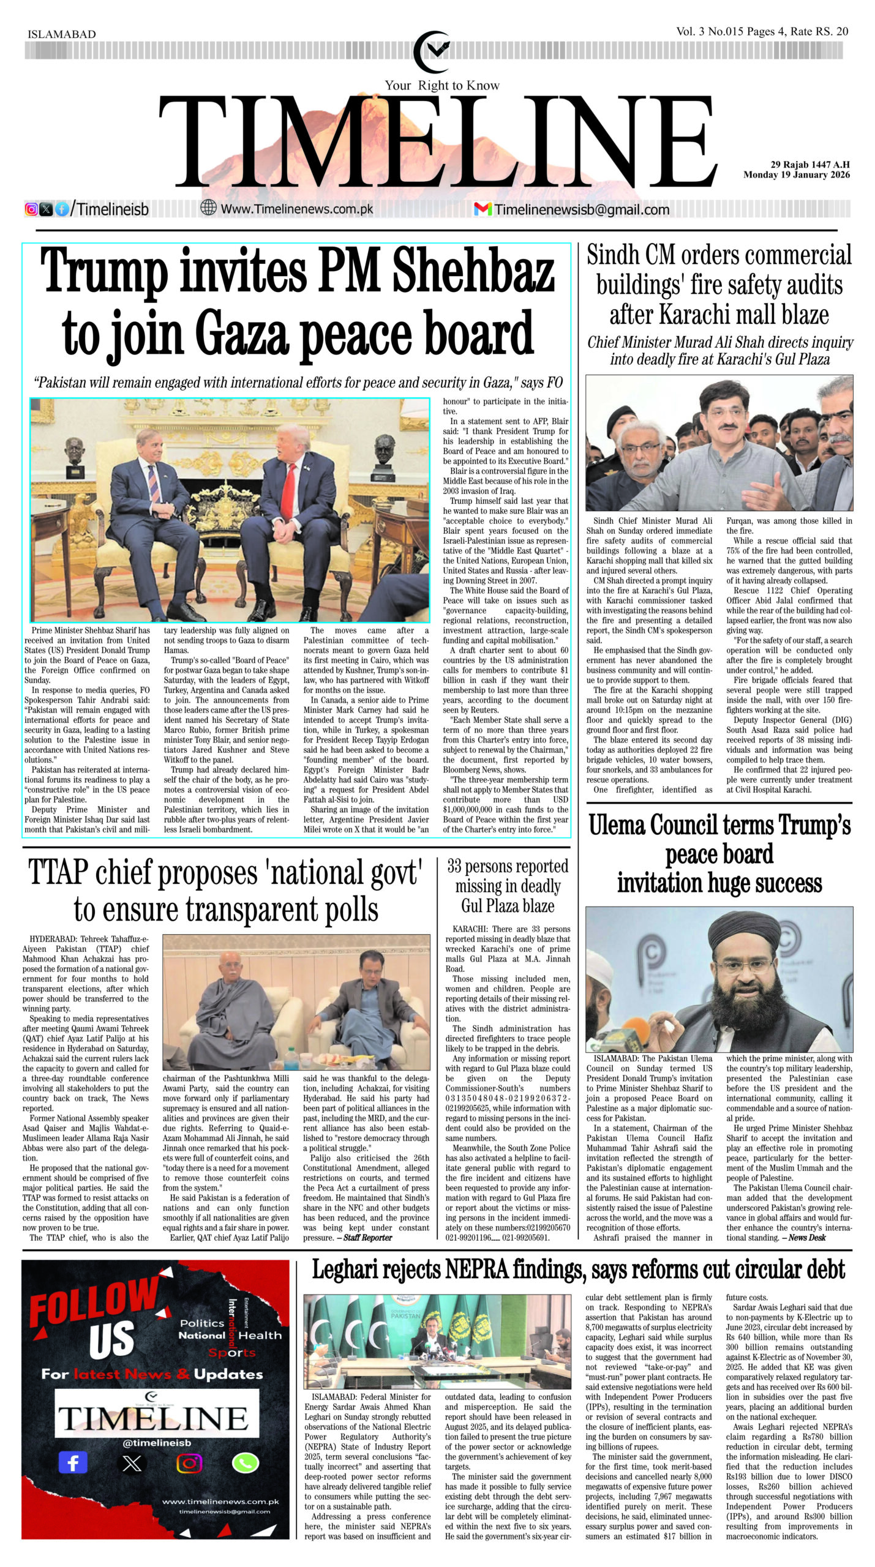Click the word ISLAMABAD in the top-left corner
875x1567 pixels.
62,34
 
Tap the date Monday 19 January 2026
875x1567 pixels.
797,174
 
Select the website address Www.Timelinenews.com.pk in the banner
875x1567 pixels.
296,209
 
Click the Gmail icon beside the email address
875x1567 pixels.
483,209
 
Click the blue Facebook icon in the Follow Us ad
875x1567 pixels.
73,1463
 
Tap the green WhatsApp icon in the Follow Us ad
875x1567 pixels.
246,1463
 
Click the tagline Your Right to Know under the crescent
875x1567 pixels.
441,85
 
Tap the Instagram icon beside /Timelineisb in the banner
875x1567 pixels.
31,209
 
